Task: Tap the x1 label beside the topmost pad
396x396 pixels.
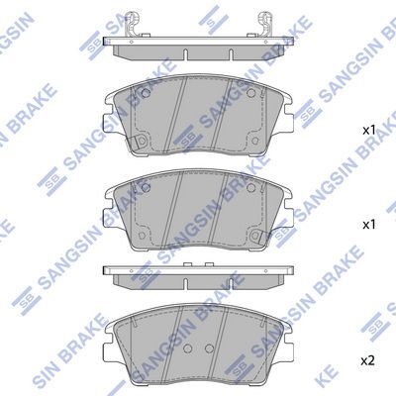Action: coord(367,130)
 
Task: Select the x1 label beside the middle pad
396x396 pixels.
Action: coord(367,225)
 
